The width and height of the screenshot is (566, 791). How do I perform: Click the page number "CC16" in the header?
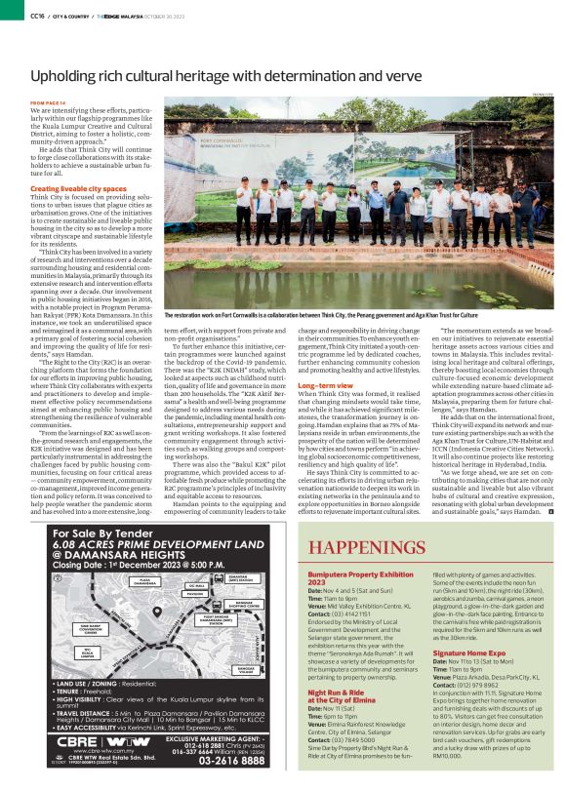[x=37, y=17]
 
